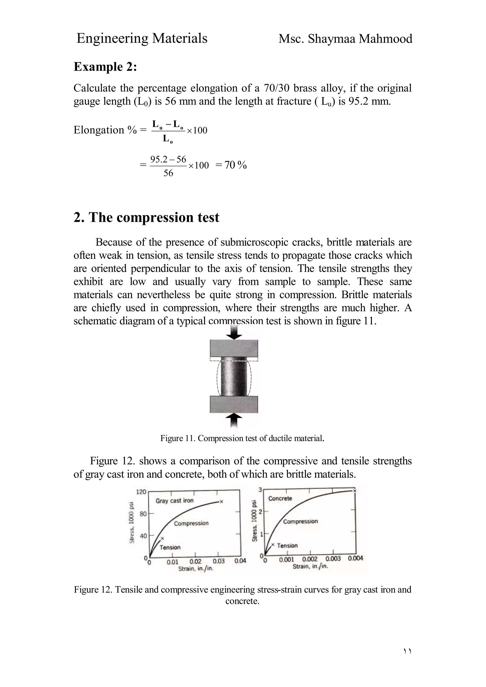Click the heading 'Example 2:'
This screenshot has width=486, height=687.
point(105,67)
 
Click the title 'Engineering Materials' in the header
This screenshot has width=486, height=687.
point(142,38)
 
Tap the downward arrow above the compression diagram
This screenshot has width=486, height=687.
point(234,332)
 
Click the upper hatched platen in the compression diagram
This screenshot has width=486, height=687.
point(234,348)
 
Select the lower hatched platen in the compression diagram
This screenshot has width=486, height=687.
point(234,404)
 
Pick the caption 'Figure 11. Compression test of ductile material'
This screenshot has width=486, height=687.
point(242,438)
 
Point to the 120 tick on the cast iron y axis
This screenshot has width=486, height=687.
point(141,492)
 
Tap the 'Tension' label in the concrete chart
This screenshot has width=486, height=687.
point(287,545)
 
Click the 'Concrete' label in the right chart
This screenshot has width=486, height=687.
point(280,498)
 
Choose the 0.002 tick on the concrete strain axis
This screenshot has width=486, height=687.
point(310,559)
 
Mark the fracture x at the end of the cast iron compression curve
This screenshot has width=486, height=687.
point(222,502)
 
